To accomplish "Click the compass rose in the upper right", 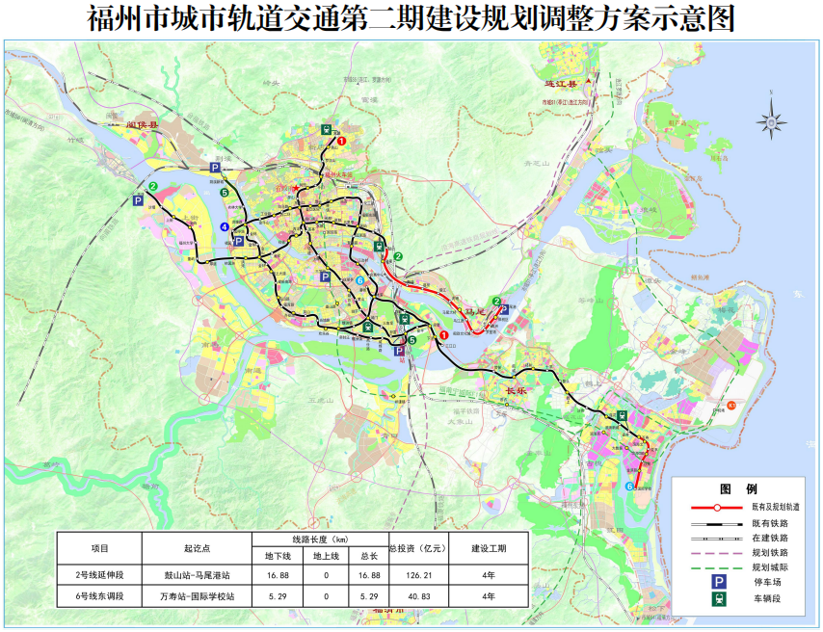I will [771, 120].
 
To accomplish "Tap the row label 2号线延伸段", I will [100, 576].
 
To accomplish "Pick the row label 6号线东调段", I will [100, 597].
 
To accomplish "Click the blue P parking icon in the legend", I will [718, 583].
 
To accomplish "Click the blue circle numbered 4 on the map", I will [225, 226].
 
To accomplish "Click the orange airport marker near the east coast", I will [731, 405].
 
